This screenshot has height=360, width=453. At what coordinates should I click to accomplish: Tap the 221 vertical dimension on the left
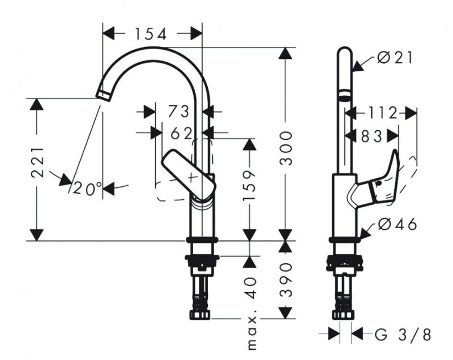[x=37, y=163]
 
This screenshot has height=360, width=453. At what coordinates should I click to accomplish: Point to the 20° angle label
[x=86, y=188]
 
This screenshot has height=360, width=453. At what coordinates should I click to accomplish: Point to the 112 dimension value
[x=381, y=113]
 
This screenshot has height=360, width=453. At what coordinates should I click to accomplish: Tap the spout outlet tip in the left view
[x=102, y=94]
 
